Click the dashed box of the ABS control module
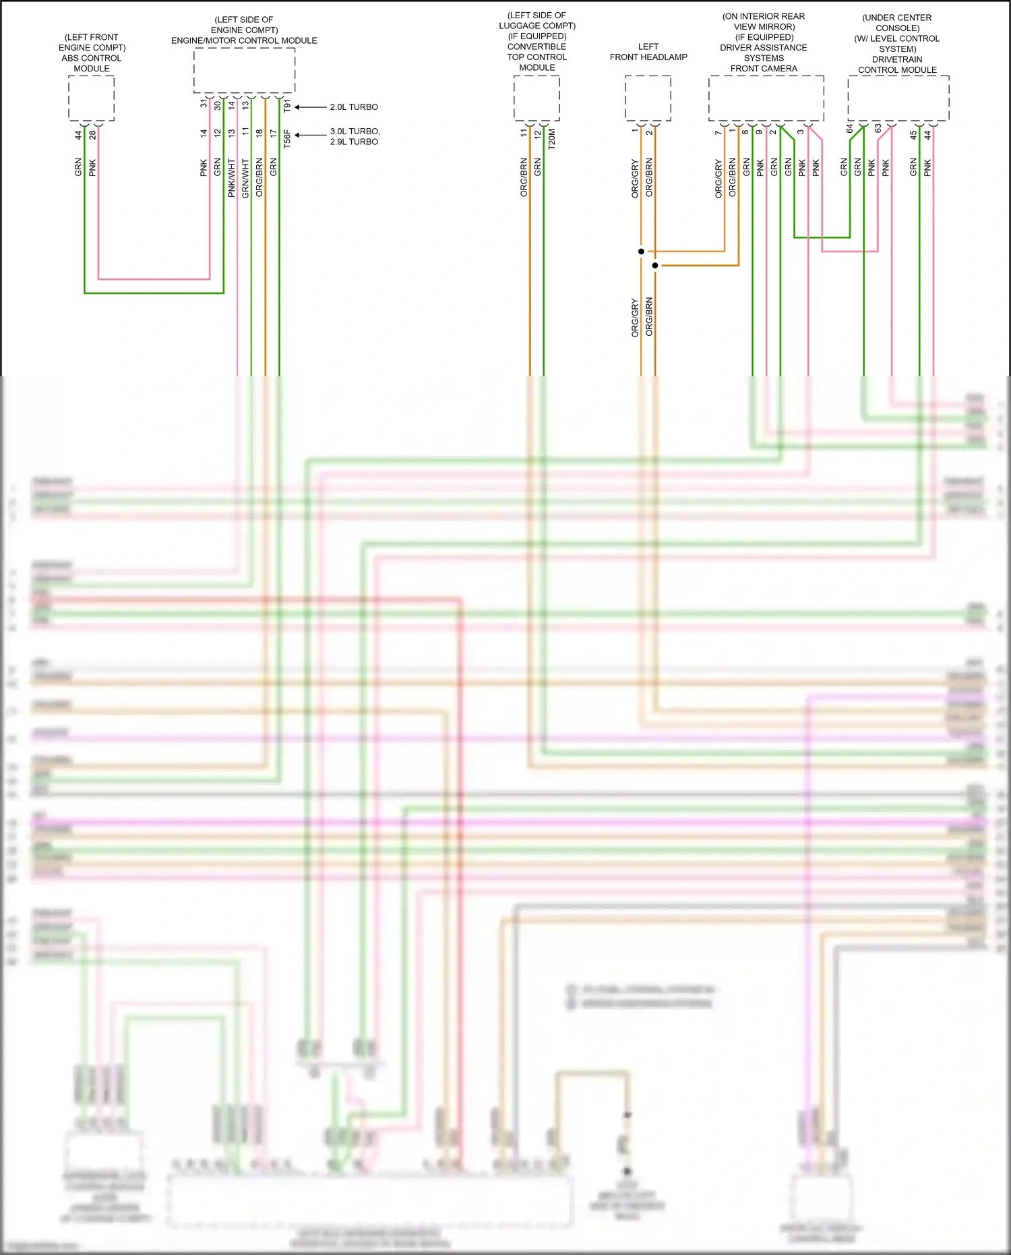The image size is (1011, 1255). [x=91, y=98]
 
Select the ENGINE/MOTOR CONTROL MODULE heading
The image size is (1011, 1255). [x=244, y=40]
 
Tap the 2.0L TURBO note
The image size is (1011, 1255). [x=354, y=107]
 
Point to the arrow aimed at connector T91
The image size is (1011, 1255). [x=310, y=107]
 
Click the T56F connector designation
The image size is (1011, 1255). [x=287, y=139]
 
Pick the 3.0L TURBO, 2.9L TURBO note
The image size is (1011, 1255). [x=355, y=136]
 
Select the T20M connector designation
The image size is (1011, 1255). [x=552, y=139]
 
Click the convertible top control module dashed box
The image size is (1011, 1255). [x=537, y=98]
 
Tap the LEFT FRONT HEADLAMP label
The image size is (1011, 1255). [x=648, y=52]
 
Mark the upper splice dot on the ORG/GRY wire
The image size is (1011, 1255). [x=641, y=252]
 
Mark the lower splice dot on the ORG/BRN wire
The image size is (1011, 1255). [x=655, y=266]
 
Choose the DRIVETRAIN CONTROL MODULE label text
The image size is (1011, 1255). [x=897, y=65]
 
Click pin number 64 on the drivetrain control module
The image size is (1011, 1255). [x=850, y=128]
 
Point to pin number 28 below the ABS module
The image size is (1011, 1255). [x=92, y=135]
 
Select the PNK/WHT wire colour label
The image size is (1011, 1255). [x=231, y=178]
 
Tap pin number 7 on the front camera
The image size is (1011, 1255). [x=718, y=132]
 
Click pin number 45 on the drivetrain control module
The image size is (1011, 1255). [x=913, y=134]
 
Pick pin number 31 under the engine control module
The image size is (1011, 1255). [x=204, y=104]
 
